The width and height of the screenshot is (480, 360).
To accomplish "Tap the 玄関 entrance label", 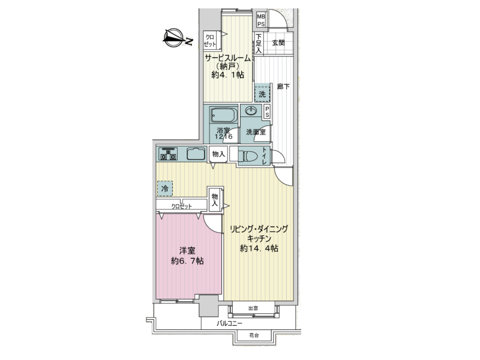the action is (278, 43).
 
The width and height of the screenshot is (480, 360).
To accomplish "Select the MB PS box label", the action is (261, 20).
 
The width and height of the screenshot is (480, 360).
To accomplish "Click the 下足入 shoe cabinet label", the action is (259, 43).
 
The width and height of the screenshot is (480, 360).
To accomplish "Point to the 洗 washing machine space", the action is (262, 94).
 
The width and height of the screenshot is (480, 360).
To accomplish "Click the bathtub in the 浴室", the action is (224, 115).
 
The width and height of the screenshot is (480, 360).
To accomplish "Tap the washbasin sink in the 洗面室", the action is (251, 111).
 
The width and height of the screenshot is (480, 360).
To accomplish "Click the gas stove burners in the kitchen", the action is (168, 154).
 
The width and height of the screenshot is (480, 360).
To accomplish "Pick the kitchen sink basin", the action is (196, 154).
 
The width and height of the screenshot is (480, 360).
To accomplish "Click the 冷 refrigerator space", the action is (165, 188).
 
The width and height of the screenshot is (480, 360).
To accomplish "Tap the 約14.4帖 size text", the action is (259, 248).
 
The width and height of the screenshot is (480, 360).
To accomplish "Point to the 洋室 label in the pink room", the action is (187, 251).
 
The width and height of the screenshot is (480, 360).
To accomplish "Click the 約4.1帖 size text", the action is (228, 74).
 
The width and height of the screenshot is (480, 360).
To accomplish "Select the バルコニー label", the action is (229, 323).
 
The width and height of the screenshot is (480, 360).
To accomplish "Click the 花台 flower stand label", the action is (254, 335).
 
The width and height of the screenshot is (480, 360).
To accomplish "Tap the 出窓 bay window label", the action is (253, 308).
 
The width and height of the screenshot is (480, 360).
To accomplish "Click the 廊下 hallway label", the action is (283, 86).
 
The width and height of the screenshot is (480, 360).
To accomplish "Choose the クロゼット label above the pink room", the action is (182, 206).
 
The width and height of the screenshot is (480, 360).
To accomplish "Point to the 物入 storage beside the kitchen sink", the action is (218, 154).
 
